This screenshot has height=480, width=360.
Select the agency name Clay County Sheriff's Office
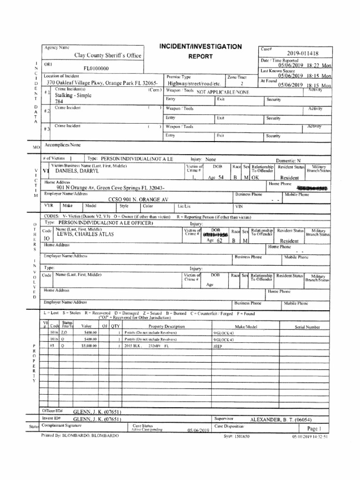tap(108, 55)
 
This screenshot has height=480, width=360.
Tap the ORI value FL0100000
tap(96, 68)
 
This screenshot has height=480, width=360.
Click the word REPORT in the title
tap(200, 56)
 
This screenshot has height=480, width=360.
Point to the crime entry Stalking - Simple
tap(74, 95)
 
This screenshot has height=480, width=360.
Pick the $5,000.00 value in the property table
tap(89, 345)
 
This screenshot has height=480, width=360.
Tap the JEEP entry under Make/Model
tap(217, 345)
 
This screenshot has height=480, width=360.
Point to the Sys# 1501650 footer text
tap(237, 436)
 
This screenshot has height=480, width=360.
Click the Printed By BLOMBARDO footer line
tap(80, 435)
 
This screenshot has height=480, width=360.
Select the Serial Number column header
tap(307, 327)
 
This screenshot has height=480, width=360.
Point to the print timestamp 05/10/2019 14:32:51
tap(308, 436)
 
